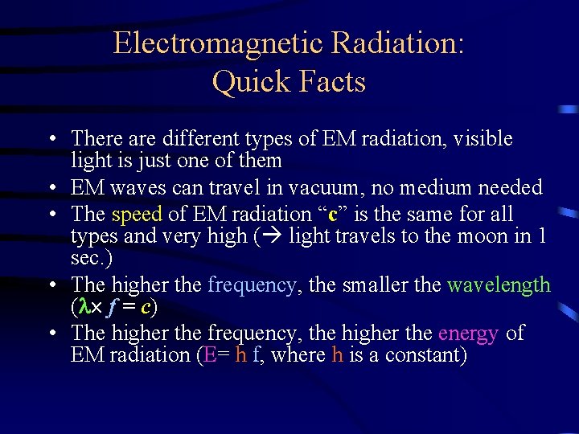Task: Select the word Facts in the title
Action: (331, 82)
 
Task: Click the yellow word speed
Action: (138, 215)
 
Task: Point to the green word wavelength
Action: (499, 285)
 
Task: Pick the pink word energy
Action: (469, 333)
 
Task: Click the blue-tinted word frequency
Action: (253, 285)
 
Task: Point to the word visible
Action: (482, 139)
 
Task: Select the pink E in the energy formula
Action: (211, 354)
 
